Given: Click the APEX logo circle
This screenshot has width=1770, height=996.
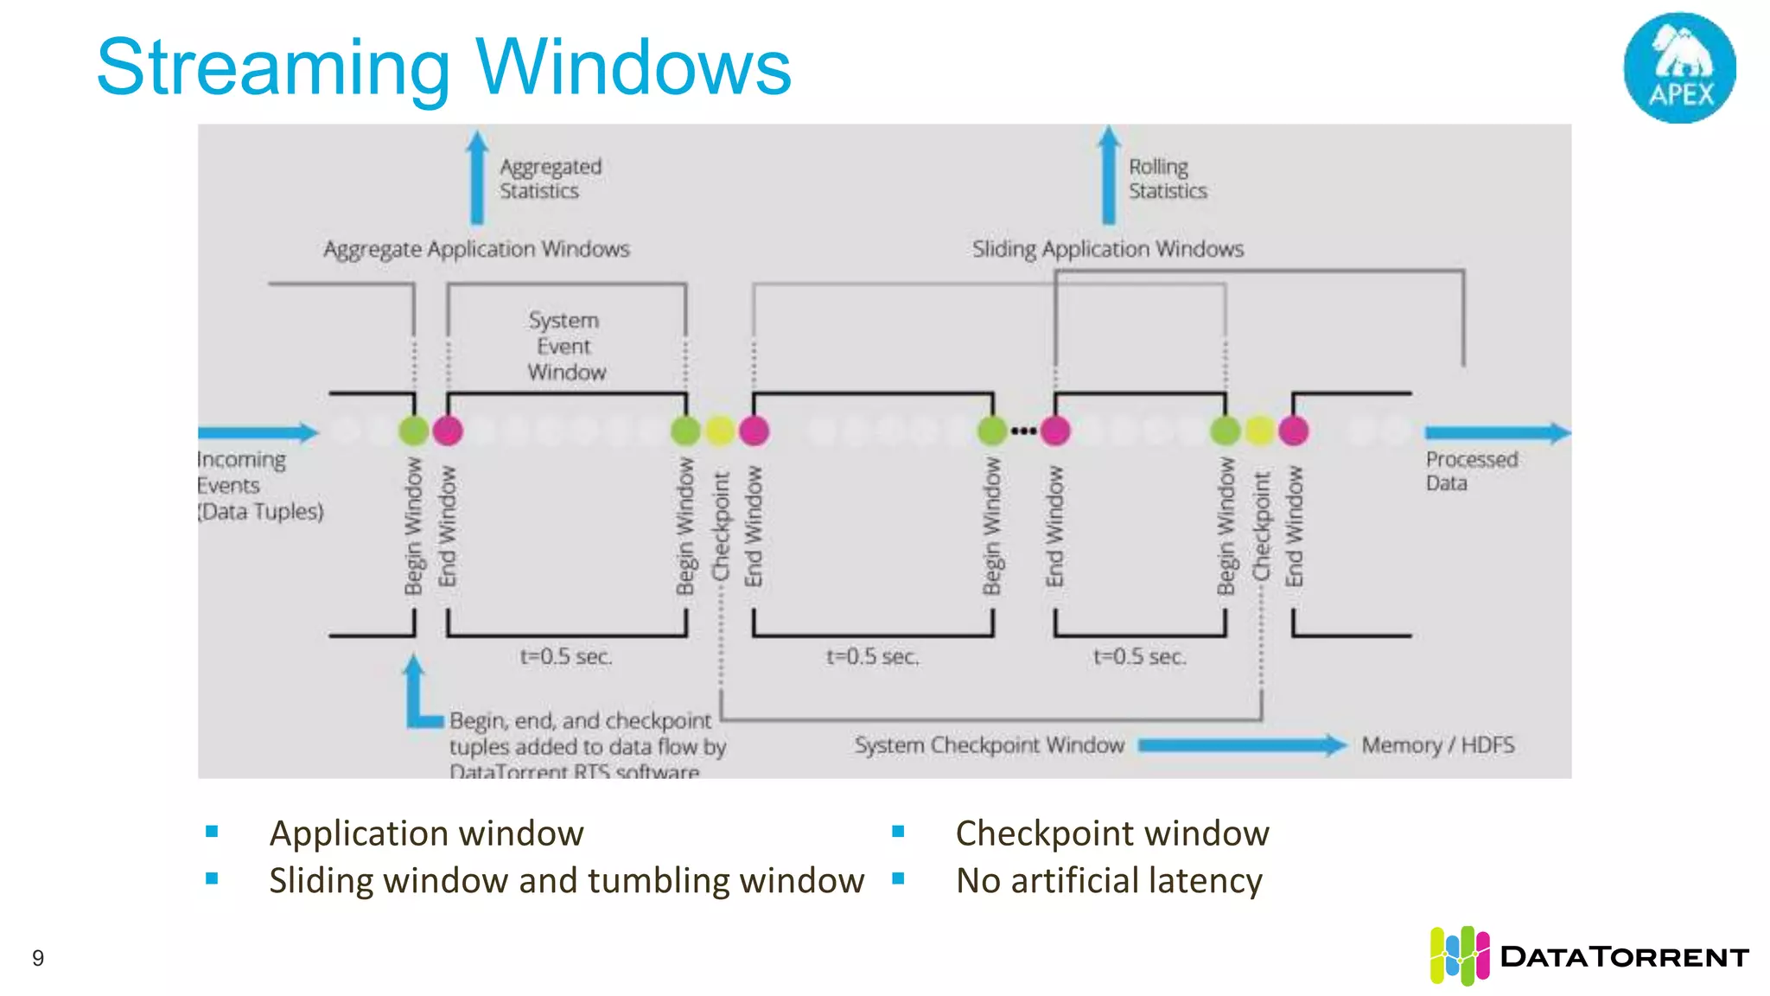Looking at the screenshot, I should tap(1679, 67).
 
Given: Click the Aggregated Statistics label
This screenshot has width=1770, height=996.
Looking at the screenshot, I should tap(550, 178).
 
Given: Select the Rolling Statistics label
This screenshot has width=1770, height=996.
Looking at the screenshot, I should tap(1167, 178).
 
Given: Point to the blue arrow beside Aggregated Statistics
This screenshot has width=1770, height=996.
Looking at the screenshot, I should tap(477, 177).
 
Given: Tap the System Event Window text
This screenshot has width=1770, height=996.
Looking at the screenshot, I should tap(565, 346).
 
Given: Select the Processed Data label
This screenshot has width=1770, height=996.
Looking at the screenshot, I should tap(1470, 471).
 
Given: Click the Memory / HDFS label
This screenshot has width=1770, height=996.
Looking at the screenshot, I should tap(1437, 745).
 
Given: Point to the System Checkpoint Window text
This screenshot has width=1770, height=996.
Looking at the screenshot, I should tap(989, 745).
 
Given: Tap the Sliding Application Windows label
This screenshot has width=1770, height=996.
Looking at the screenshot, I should tap(1107, 249).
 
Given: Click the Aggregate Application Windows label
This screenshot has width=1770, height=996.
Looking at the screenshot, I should tap(476, 249).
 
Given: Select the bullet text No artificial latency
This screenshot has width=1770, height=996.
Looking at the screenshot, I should tap(1109, 880).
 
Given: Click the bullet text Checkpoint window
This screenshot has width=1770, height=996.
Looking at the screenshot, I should tap(1111, 833).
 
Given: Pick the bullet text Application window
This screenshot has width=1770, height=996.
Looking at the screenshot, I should tap(426, 833).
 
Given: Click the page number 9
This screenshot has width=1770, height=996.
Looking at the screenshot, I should tap(38, 958).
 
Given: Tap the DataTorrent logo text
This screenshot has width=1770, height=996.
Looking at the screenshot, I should tap(1624, 957).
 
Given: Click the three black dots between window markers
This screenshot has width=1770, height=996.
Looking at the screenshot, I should tap(1023, 431).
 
